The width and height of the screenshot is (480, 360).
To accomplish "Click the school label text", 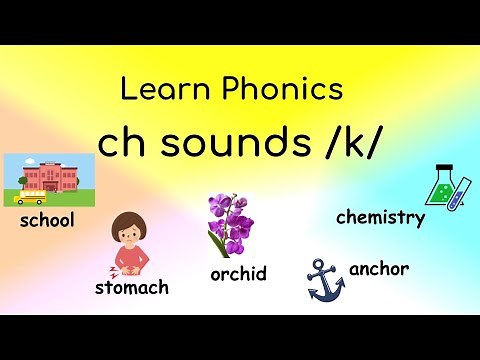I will click(47, 220).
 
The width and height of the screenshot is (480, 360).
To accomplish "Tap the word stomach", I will click(131, 288).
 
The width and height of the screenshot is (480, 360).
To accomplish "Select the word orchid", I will click(239, 273).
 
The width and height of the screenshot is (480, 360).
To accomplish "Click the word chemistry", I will click(380, 217).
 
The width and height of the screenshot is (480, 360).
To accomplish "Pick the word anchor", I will click(379, 269).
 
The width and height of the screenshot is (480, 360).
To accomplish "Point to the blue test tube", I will click(461, 191).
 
